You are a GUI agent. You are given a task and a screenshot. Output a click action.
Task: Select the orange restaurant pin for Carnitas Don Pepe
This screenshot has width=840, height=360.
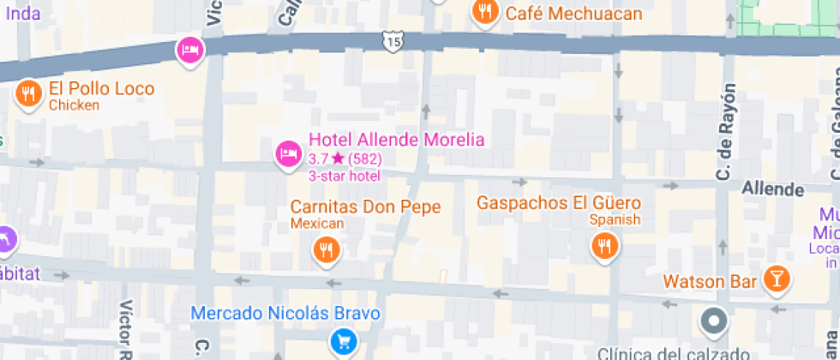[326, 249]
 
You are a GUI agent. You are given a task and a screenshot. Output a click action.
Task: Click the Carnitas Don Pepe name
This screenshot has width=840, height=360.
[365, 207]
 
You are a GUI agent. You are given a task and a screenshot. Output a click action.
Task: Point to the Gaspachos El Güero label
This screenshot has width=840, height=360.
[558, 203]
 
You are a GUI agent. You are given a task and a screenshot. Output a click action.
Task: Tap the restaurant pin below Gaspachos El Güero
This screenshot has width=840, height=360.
[605, 247]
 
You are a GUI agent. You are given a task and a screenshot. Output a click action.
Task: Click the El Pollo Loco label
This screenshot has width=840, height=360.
[101, 89]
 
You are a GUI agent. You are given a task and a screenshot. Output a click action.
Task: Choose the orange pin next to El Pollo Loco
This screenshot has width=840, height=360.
[29, 93]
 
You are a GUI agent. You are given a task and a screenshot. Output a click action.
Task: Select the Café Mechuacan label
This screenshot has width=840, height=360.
[573, 13]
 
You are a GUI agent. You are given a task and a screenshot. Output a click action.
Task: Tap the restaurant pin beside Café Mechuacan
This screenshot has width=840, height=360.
[486, 12]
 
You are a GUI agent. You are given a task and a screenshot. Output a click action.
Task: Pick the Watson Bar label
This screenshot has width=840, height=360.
[710, 281]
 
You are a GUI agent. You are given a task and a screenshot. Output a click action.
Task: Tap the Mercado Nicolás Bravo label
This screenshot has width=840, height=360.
[285, 313]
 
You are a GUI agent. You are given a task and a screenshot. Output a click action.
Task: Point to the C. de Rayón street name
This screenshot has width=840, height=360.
[727, 133]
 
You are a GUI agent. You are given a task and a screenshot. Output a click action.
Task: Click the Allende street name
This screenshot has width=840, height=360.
[772, 189]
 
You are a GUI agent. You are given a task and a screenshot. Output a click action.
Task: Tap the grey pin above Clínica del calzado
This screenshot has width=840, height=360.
[713, 322]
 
